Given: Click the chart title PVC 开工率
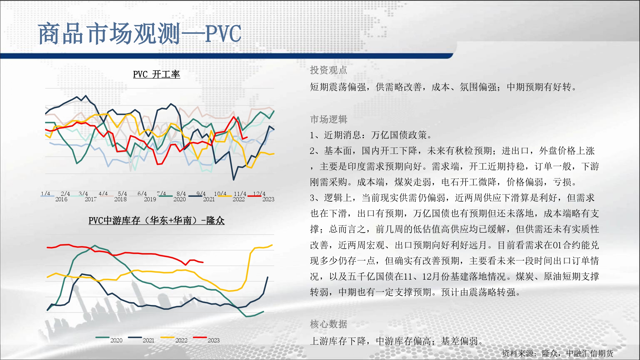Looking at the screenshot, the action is click(156, 74).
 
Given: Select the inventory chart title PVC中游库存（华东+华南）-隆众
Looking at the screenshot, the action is click(156, 220).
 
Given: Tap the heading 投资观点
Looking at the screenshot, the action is click(328, 70).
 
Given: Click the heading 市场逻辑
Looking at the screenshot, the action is click(328, 119).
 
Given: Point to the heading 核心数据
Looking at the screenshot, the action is click(328, 324).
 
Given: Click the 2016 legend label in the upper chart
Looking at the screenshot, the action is click(61, 199).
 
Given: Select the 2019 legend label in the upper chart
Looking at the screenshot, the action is click(150, 199).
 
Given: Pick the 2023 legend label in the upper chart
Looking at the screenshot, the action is click(268, 199).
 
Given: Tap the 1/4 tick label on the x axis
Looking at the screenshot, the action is click(45, 194).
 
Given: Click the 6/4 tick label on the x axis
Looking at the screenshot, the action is click(142, 194).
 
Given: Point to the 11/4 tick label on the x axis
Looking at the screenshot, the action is click(240, 194).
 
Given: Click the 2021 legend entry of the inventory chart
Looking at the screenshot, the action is click(148, 340).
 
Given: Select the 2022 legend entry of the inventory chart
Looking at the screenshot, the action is click(181, 340).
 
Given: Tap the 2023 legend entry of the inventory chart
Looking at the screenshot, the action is click(214, 340).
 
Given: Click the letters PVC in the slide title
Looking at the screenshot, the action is click(223, 34).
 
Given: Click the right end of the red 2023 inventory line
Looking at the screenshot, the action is click(203, 262).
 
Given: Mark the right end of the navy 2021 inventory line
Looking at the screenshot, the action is click(268, 277).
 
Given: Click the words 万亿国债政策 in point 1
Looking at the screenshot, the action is click(399, 135).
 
